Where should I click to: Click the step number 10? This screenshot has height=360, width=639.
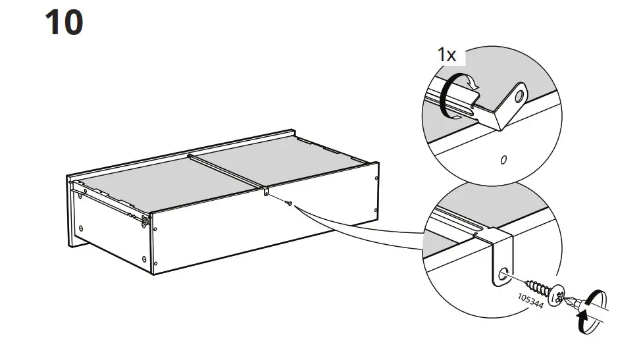64,22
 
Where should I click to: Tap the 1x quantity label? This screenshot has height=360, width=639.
447,55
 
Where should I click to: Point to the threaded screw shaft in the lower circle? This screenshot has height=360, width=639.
538,285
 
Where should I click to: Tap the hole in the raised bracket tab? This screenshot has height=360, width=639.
519,97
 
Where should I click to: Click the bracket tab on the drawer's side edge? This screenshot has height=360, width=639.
266,192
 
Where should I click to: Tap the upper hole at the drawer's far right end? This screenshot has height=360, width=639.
376,178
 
